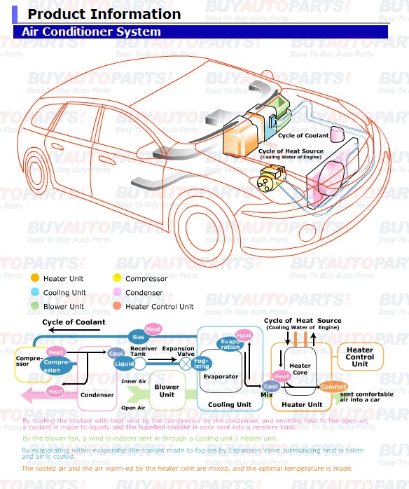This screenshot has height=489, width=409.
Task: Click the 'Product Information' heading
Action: [104, 14]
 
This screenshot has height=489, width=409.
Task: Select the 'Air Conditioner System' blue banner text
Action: [91, 32]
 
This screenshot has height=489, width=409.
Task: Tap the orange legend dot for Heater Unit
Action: [35, 279]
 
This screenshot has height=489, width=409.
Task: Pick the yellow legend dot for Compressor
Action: [118, 279]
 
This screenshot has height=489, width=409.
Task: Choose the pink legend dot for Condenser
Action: [118, 292]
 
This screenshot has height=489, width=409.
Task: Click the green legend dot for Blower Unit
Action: [35, 306]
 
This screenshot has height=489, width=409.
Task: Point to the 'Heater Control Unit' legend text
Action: [159, 306]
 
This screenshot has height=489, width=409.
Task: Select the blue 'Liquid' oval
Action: [124, 364]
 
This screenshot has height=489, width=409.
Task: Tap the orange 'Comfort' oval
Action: [333, 387]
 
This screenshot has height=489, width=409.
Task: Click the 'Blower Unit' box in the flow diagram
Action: [166, 391]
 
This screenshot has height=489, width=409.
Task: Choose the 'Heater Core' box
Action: [300, 369]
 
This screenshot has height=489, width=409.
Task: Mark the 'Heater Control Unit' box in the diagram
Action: [360, 357]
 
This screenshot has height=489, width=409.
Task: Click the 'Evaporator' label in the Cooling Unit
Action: [220, 376]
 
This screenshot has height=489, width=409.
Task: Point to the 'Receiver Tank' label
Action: [144, 352]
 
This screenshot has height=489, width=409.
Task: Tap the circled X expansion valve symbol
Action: [186, 364]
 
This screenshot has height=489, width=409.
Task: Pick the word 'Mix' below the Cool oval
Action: [267, 395]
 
